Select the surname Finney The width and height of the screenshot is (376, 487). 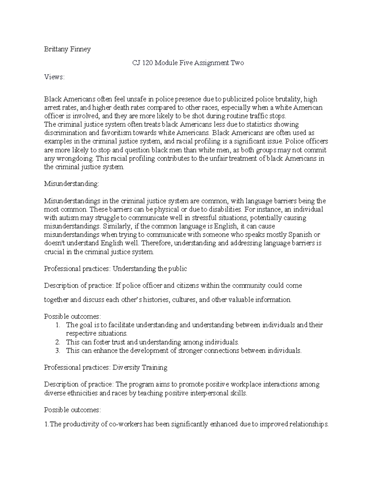click(x=81, y=49)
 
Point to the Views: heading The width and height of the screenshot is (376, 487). click(x=54, y=77)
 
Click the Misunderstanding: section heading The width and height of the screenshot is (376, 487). click(x=71, y=184)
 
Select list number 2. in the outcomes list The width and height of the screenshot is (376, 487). click(x=57, y=342)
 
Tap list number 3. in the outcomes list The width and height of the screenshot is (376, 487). click(x=57, y=350)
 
